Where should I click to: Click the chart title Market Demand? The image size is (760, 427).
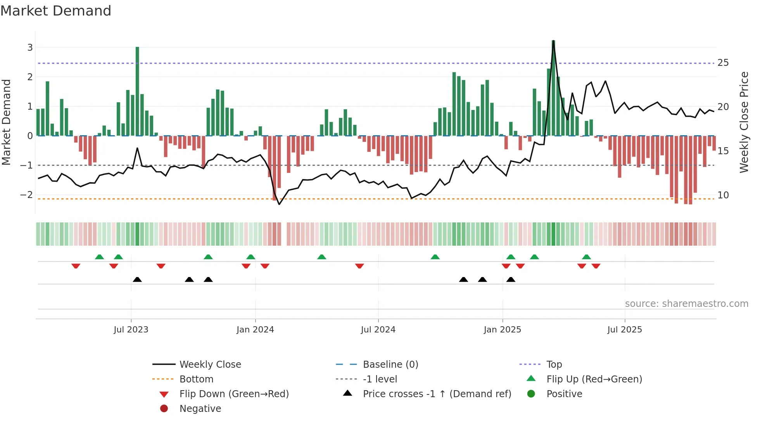[x=56, y=11]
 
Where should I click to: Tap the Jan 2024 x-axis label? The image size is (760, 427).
[x=255, y=330]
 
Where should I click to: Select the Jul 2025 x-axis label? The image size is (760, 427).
[x=624, y=330]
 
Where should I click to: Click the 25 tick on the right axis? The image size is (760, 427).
[x=723, y=63]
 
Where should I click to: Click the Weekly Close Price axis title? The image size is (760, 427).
[x=744, y=122]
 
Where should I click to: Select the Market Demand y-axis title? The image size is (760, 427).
[x=6, y=122]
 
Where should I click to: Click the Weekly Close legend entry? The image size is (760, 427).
[x=210, y=365]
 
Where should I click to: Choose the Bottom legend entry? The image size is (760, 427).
[x=196, y=379]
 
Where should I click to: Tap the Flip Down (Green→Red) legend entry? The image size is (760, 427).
[x=234, y=394]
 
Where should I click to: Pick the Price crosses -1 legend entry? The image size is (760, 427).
[x=437, y=394]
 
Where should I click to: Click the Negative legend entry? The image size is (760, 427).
[x=200, y=409]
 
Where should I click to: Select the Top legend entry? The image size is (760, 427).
[x=554, y=365]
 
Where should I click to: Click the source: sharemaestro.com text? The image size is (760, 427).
[x=686, y=304]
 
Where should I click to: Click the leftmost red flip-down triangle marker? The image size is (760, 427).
[x=76, y=266]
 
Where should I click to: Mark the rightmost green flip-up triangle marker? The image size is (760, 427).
[x=586, y=257]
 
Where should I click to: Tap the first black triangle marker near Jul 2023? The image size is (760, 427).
[x=137, y=279]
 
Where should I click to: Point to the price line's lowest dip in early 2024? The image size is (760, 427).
[x=279, y=204]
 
